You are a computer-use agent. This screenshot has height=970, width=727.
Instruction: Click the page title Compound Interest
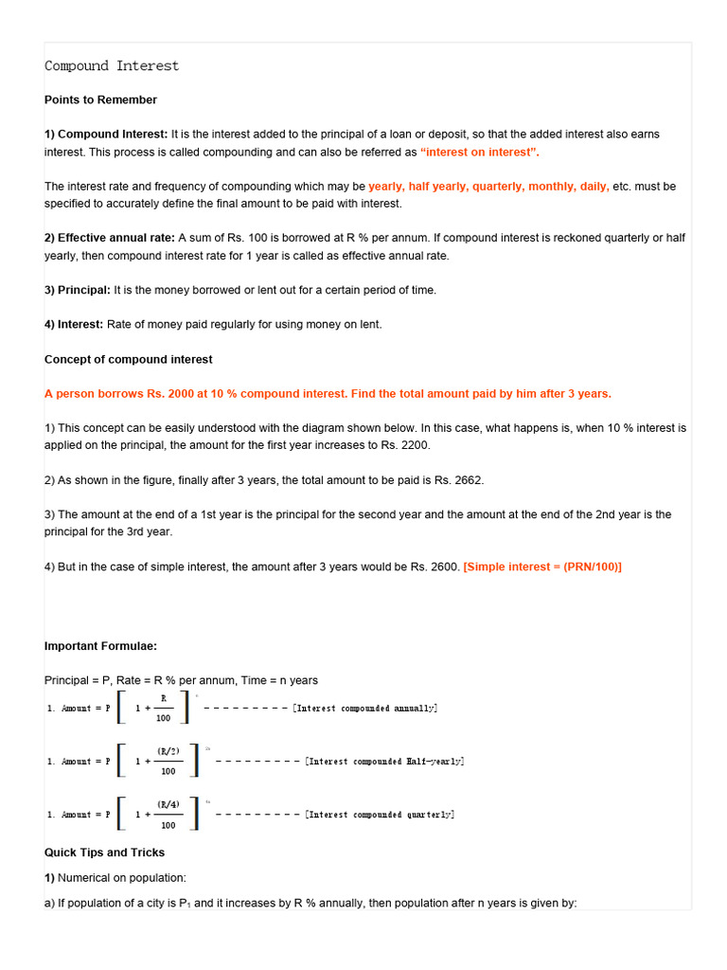tap(112, 66)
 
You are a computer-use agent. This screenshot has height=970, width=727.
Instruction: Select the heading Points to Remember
tap(100, 99)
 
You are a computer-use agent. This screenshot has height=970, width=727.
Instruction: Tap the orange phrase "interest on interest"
tap(480, 152)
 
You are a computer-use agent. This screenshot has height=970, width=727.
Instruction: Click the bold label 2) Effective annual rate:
tap(109, 238)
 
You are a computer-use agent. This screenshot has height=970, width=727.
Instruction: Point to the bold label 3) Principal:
tap(78, 290)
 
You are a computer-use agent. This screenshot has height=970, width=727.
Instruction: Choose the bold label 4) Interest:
tap(74, 324)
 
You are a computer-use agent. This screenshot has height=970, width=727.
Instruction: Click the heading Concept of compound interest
tap(128, 359)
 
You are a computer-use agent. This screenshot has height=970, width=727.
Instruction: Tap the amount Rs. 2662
tap(458, 480)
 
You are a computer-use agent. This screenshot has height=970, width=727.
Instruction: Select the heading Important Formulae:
tap(100, 646)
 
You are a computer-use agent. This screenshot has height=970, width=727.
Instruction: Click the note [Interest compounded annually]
tap(365, 709)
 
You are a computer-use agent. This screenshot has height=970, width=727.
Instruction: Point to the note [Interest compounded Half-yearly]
tap(384, 762)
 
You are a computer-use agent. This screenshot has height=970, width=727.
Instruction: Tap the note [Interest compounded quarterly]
tap(380, 815)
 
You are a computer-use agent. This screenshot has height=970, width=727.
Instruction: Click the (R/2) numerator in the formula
tap(168, 750)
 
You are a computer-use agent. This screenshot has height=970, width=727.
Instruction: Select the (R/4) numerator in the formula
tap(168, 803)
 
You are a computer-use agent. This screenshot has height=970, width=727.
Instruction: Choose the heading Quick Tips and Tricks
tap(104, 852)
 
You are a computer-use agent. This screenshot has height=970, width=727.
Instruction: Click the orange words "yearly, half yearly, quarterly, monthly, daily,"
tap(488, 187)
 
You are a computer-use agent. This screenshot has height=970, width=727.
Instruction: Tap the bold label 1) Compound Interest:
tap(106, 135)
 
